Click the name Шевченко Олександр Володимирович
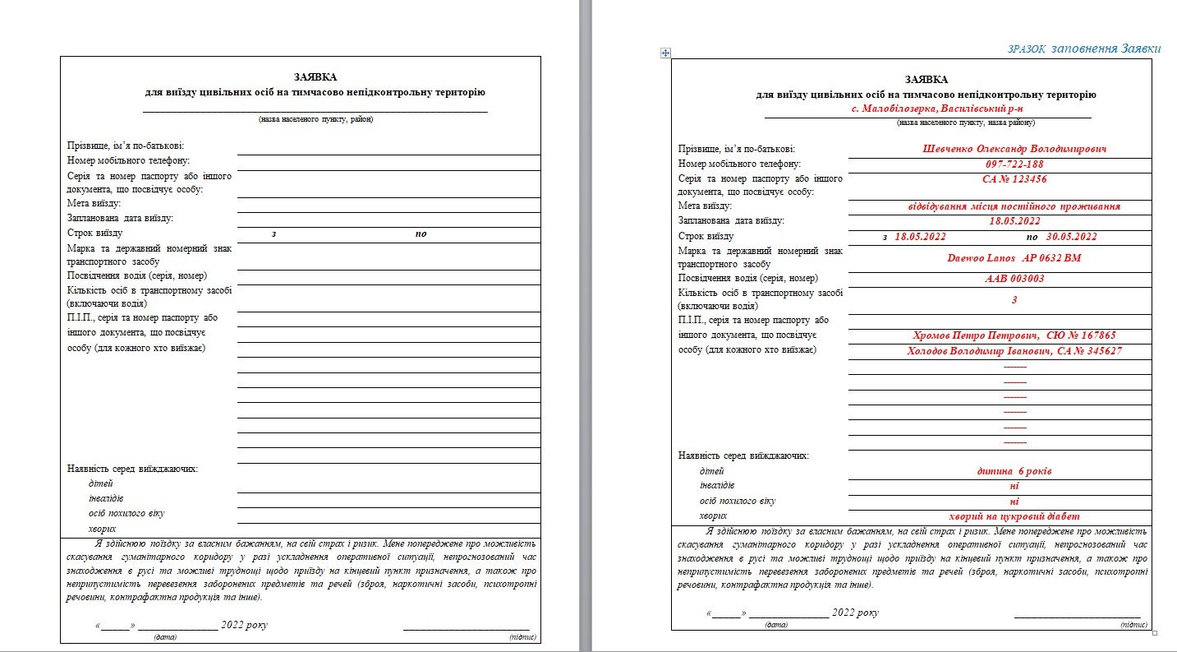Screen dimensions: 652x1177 pos(1014,150)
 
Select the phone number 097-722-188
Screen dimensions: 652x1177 pos(1014,164)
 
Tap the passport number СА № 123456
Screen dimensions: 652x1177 pos(1014,178)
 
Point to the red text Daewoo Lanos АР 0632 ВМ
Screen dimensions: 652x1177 pos(1014,258)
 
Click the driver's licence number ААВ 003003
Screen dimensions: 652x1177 pos(1014,279)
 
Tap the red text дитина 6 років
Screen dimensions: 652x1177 pos(1014,472)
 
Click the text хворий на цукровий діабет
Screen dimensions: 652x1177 pos(1014,516)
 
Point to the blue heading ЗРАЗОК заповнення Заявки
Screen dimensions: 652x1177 pos(1084,49)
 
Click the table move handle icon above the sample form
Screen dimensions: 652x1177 pos(665,53)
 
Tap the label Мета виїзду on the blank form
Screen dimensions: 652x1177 pos(94,203)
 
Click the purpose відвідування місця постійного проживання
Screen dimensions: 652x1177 pos(1014,206)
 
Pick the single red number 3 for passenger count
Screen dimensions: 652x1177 pos(1014,299)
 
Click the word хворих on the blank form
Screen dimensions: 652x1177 pos(102,529)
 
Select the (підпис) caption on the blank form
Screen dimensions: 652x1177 pos(523,637)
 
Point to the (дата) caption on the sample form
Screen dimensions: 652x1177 pos(776,625)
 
